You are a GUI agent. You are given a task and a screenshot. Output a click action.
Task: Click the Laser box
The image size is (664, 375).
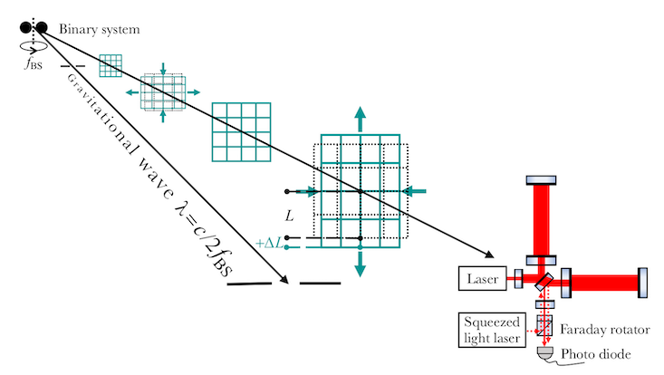[x=482, y=278]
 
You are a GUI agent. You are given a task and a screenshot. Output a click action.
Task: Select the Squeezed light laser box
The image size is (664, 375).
[x=492, y=330]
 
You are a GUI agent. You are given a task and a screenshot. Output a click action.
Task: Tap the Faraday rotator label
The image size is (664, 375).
[x=605, y=330]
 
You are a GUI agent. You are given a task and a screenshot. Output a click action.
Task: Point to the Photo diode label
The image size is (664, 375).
[x=596, y=354]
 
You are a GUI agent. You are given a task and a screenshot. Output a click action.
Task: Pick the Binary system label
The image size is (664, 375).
[x=99, y=29]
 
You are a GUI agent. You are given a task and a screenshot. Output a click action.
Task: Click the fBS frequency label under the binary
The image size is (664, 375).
[x=34, y=64]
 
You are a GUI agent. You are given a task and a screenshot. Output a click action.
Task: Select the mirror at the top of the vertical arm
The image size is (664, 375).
[x=541, y=180]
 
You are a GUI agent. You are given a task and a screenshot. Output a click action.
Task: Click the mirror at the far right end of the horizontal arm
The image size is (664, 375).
[x=642, y=283]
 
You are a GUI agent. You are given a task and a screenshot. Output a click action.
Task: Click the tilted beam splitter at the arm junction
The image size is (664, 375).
[x=544, y=282]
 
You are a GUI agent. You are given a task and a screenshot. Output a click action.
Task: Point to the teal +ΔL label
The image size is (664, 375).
[x=269, y=244]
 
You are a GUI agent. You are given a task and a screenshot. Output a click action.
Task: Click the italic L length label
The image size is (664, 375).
[x=289, y=216]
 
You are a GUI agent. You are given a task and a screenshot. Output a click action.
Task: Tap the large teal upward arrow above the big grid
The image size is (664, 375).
[x=360, y=119]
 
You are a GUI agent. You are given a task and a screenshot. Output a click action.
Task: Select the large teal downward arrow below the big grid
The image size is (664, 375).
[x=360, y=264]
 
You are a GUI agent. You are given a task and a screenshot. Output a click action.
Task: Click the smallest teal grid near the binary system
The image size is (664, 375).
[x=111, y=65]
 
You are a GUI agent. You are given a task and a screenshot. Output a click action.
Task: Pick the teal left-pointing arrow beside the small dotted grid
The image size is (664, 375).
[x=133, y=92]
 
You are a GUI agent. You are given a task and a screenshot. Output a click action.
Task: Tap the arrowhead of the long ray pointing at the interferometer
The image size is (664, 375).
[x=489, y=254]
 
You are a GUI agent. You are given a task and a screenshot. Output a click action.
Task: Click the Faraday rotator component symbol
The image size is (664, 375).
[x=544, y=325]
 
